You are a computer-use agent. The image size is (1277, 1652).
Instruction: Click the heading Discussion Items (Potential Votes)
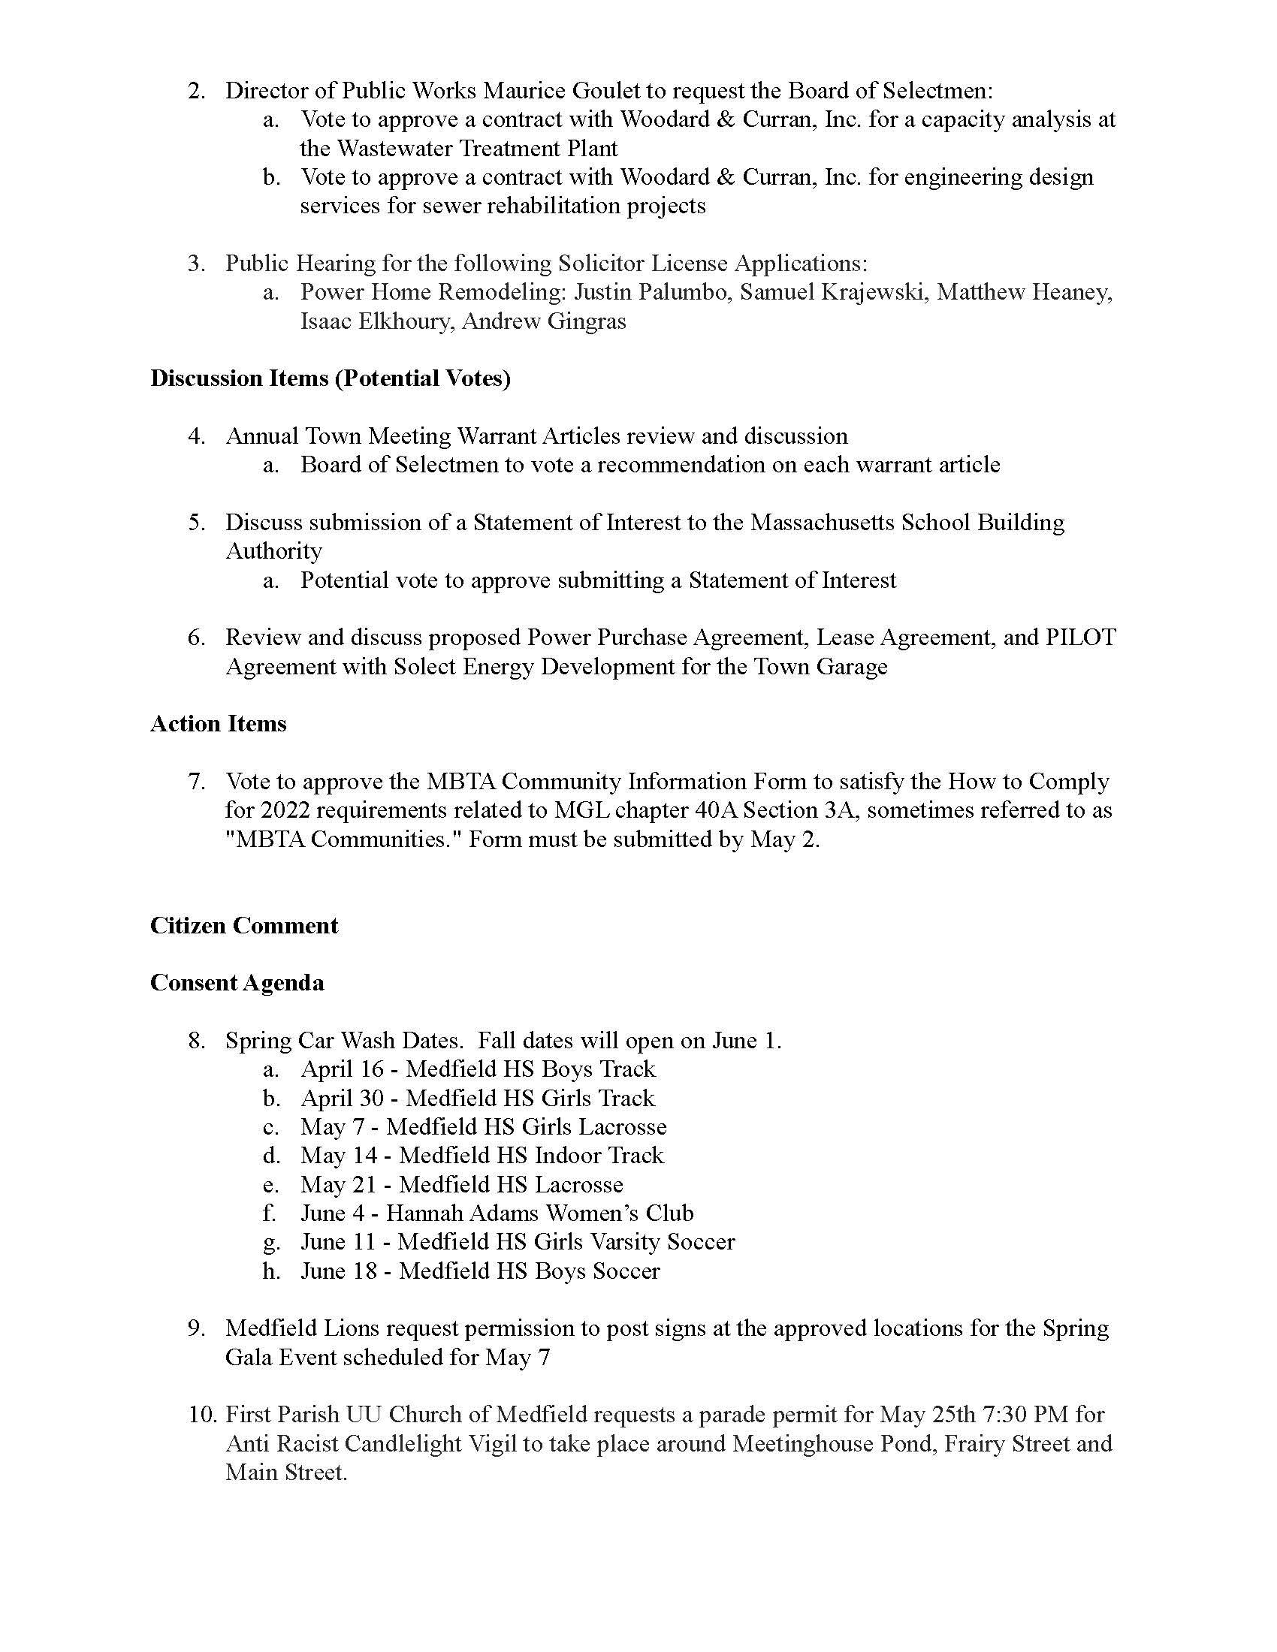330,378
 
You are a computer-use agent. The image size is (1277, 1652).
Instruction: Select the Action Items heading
218,724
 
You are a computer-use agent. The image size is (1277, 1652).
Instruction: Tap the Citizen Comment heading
243,926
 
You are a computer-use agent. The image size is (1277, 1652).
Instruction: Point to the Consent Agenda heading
237,984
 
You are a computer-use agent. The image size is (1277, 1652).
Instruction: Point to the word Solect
424,667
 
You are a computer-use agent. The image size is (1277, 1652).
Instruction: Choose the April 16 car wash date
342,1069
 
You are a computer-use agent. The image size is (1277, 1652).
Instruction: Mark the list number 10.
203,1415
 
